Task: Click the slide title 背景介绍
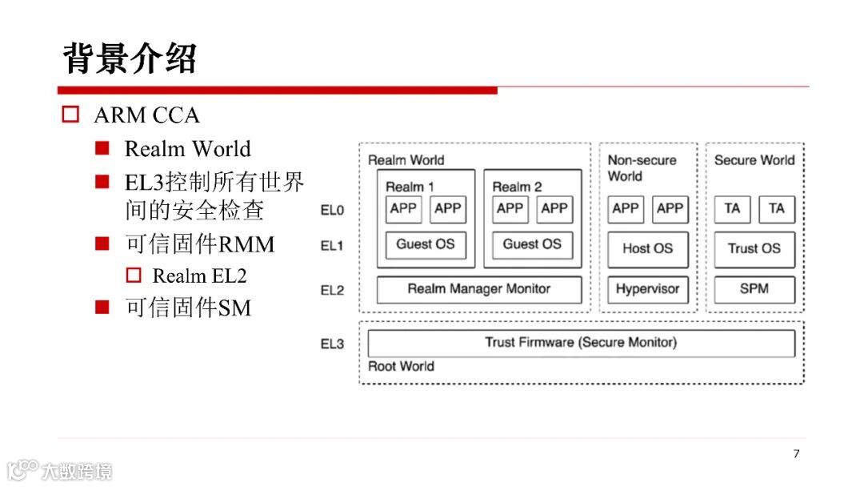[x=130, y=58]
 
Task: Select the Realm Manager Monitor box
[x=479, y=289]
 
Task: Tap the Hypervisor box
[x=647, y=289]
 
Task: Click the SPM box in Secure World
[x=754, y=289]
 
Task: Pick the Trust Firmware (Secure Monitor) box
[x=581, y=343]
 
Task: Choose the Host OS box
[x=647, y=248]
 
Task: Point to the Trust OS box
[x=754, y=248]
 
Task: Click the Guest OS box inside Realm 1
[x=425, y=244]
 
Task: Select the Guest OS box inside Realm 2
[x=532, y=244]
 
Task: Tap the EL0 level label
[x=332, y=211]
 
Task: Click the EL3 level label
[x=332, y=344]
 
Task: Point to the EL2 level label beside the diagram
[x=332, y=290]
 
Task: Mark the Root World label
[x=401, y=367]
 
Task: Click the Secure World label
[x=754, y=160]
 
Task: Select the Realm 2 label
[x=517, y=187]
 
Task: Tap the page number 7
[x=796, y=454]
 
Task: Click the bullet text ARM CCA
[x=146, y=115]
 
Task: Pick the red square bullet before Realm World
[x=102, y=148]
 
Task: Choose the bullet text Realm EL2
[x=199, y=276]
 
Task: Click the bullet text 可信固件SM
[x=188, y=308]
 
